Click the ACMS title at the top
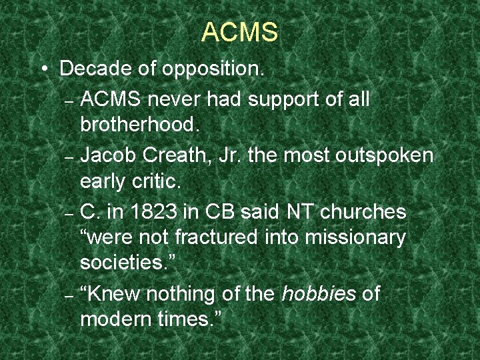coord(239,32)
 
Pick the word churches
coord(363,212)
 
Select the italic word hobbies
coord(319,293)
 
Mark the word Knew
coord(113,293)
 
